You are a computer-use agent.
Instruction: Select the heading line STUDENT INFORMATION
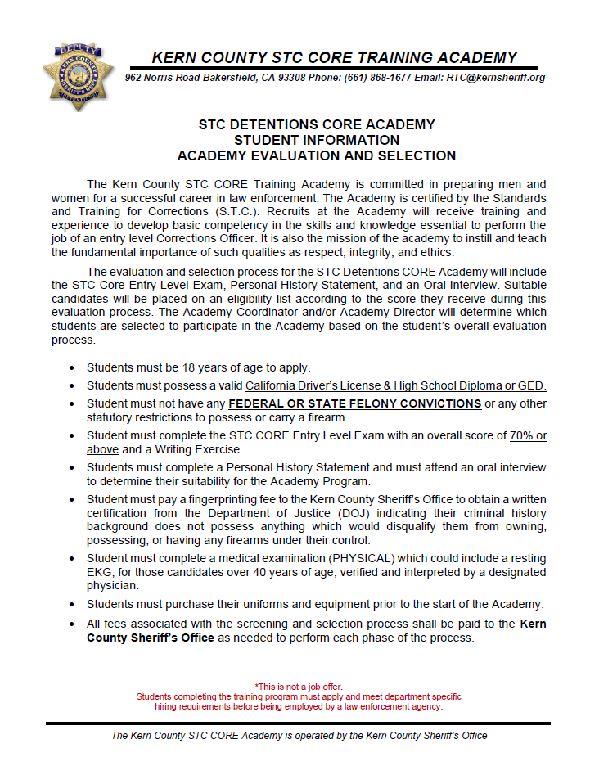[317, 140]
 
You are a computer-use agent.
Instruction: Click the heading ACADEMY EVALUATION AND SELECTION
[317, 155]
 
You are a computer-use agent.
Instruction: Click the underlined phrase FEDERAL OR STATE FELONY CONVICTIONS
[354, 403]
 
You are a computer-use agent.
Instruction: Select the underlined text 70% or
[528, 435]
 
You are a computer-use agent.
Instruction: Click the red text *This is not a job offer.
[299, 686]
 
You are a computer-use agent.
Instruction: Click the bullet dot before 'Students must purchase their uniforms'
[75, 605]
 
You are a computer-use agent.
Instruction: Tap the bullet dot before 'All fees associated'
[75, 624]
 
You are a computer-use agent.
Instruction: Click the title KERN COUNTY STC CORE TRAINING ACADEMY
[334, 57]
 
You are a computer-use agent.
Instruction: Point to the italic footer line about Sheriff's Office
[299, 736]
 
